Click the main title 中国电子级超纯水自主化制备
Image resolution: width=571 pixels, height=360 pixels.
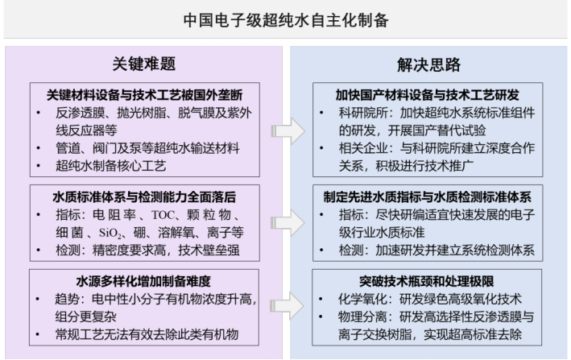point(285,19)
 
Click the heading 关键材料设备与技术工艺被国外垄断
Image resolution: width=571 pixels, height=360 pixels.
point(144,91)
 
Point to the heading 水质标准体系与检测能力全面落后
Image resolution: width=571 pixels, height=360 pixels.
point(144,196)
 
